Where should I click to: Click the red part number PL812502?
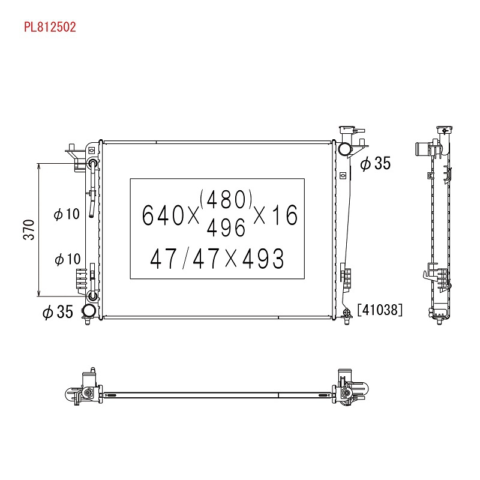50,27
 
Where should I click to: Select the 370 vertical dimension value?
29,230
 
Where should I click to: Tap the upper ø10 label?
67,214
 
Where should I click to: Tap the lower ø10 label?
67,259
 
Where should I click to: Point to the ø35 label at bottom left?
58,312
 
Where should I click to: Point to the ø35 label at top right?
376,163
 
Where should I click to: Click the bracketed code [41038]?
380,310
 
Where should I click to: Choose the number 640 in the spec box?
163,215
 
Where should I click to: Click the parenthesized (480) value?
226,199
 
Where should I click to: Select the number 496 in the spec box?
226,228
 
